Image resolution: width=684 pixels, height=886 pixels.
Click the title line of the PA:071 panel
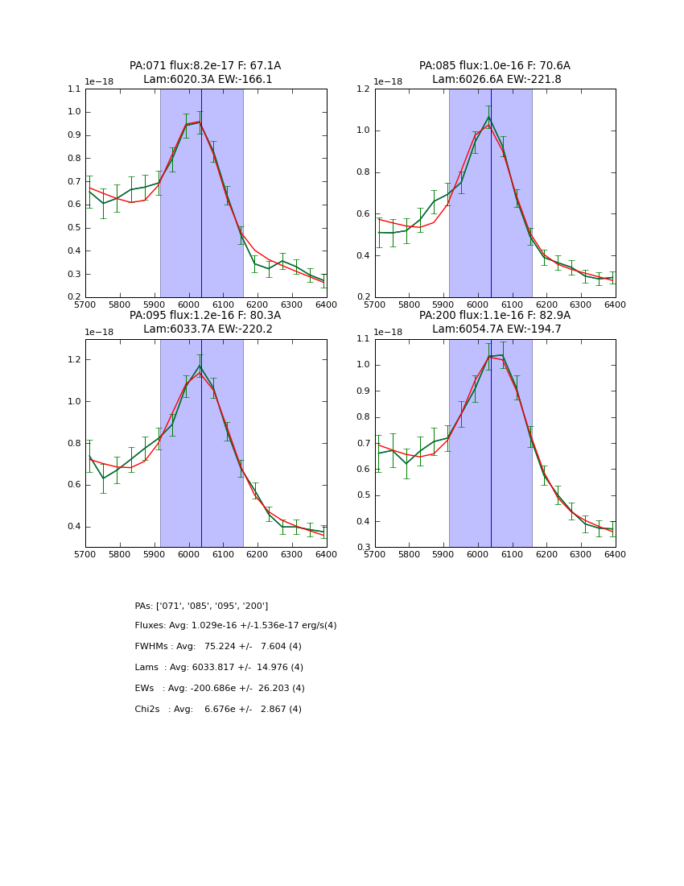205,66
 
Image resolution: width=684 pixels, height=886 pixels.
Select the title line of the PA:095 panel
205,316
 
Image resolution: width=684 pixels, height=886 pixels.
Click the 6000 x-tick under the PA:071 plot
188,306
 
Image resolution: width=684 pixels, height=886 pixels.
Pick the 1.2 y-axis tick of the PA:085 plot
363,89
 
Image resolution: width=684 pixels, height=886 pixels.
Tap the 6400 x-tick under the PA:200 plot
615,556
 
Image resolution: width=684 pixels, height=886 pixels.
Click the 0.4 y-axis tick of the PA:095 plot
74,527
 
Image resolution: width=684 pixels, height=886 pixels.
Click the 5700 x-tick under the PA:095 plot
85,556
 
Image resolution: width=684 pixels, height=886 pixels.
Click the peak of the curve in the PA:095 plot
200,366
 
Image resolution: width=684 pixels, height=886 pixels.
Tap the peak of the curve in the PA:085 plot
488,118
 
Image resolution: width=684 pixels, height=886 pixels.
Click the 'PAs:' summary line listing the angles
201,606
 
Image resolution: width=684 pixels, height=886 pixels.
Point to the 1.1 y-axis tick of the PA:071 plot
74,89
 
